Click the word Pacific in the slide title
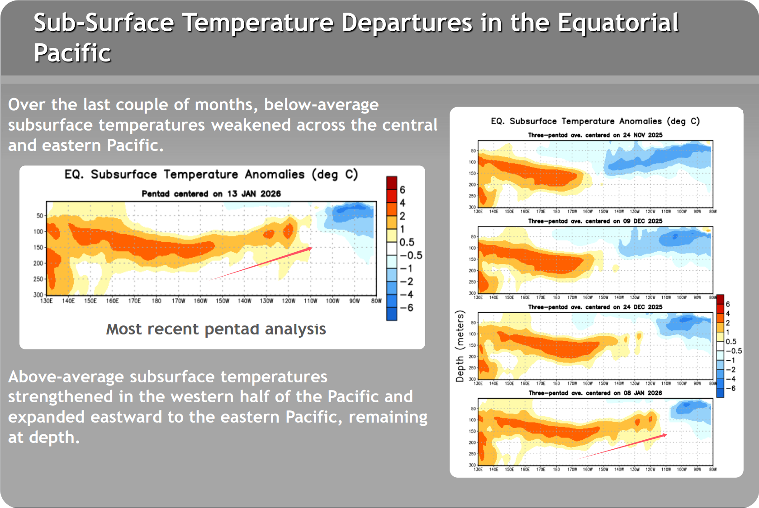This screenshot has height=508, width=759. click(x=72, y=53)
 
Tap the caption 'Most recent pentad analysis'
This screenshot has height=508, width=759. click(x=216, y=329)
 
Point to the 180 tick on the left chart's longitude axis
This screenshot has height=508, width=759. click(x=157, y=301)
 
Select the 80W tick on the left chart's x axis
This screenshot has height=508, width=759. click(x=376, y=301)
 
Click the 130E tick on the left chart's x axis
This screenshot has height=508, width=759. click(x=47, y=301)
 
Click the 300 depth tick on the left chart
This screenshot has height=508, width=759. click(x=38, y=295)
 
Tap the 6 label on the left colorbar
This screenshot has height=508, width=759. click(x=403, y=190)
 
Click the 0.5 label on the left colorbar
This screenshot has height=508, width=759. click(x=407, y=242)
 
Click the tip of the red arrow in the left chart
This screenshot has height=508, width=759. click(x=311, y=248)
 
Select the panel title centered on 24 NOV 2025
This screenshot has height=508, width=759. click(x=595, y=135)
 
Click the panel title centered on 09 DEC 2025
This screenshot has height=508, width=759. click(x=595, y=221)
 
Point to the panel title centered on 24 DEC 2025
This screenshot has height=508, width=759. click(x=595, y=307)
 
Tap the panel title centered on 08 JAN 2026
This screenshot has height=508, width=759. click(x=595, y=393)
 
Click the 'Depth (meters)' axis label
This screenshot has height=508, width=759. click(x=460, y=346)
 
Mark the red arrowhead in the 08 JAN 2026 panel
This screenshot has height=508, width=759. click(x=665, y=435)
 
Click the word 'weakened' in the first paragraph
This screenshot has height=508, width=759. click(x=251, y=125)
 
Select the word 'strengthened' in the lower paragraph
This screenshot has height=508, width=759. click(x=61, y=397)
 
